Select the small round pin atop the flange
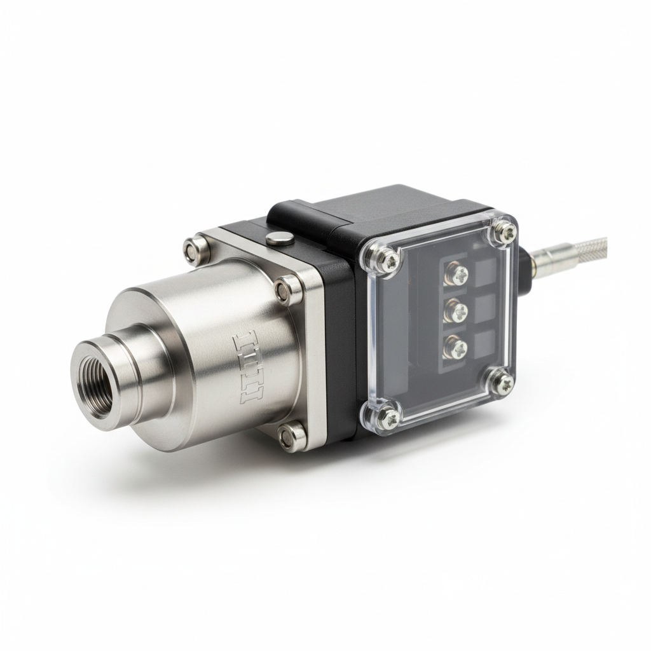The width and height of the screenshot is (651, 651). (277, 238)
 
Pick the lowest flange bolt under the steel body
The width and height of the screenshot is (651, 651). (291, 435)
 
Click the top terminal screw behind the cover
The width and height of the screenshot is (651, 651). (457, 275)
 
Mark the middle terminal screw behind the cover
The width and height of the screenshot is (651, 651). (457, 311)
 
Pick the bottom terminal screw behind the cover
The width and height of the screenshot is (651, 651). (456, 348)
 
